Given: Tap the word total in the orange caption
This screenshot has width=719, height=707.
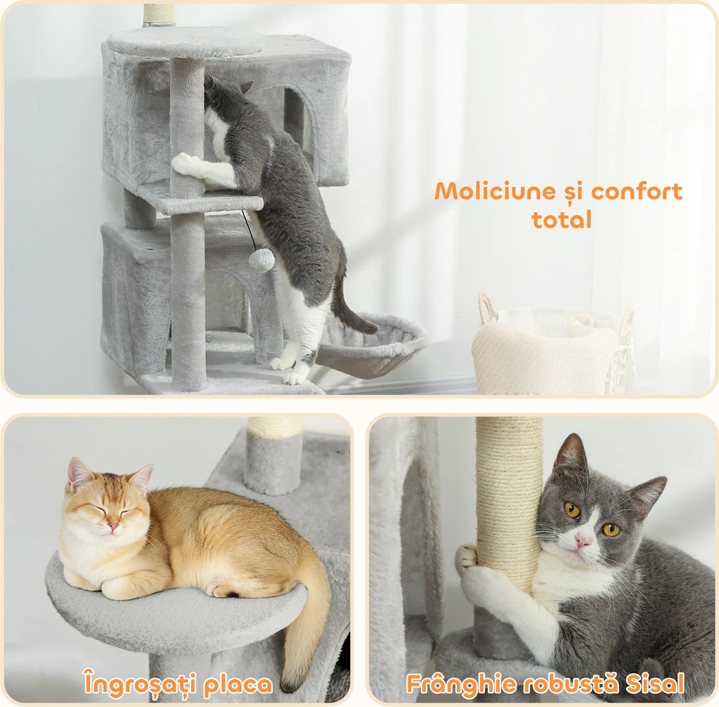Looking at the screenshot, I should [561, 219].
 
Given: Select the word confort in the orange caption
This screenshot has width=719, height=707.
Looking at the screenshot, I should [637, 192].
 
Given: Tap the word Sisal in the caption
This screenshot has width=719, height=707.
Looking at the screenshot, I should [653, 683].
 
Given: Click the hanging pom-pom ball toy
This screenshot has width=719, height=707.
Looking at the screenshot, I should [262, 260].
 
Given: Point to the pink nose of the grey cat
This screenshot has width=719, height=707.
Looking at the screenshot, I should [582, 541].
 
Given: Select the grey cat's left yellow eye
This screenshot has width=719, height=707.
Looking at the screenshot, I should [572, 509].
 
